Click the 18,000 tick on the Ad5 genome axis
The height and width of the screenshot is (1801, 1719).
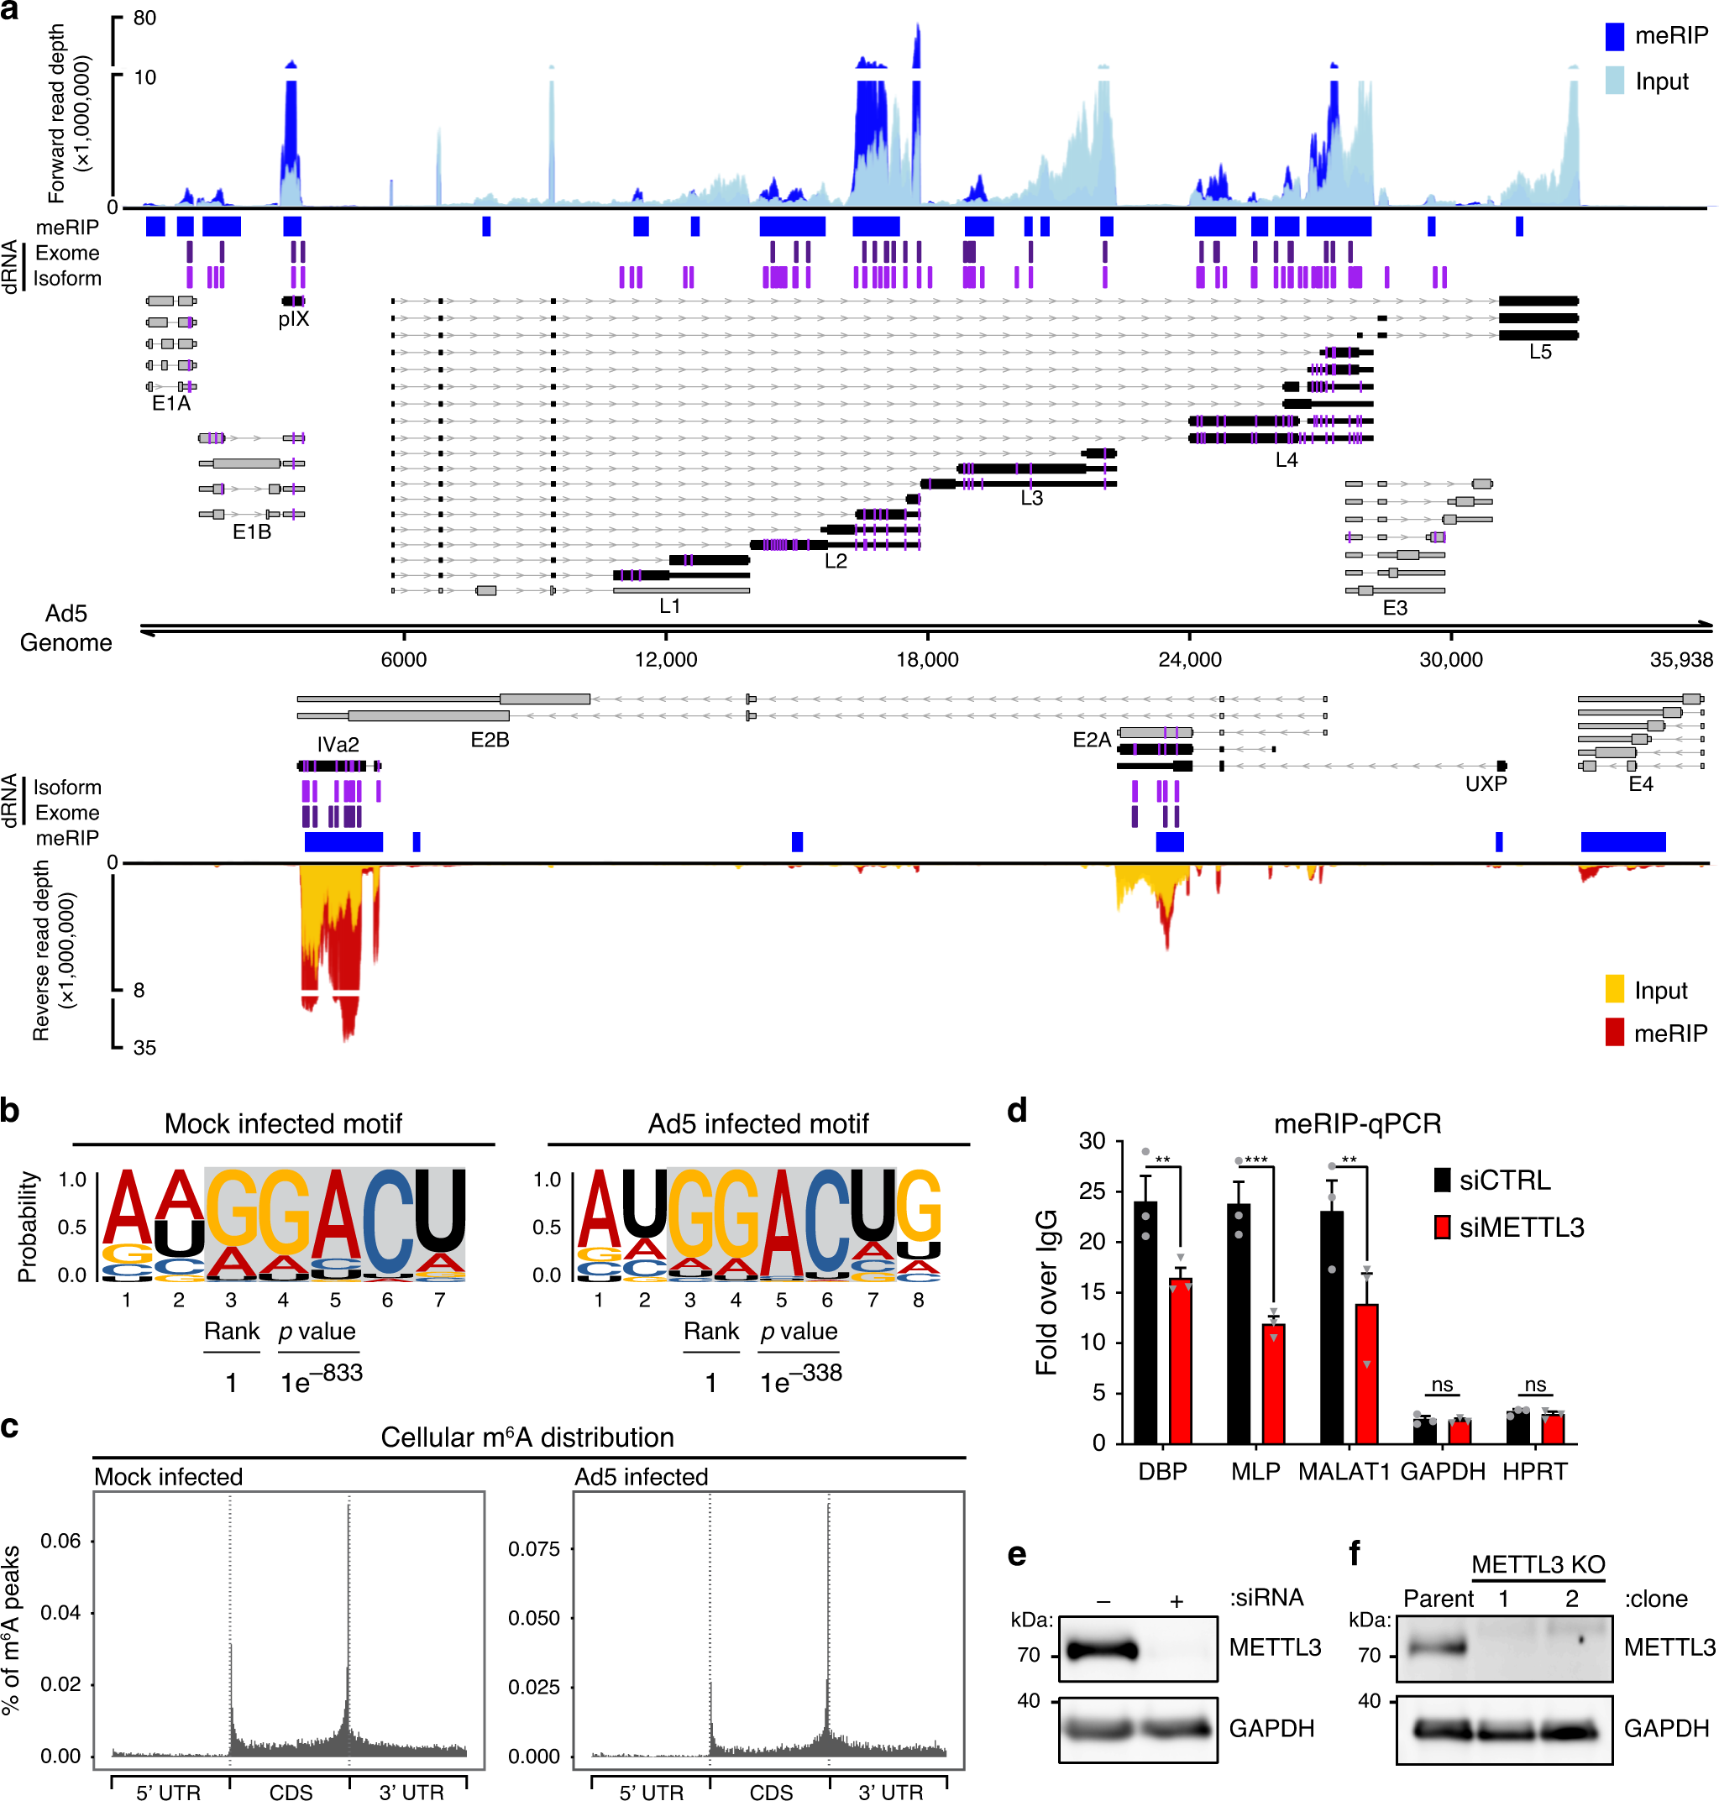[926, 658]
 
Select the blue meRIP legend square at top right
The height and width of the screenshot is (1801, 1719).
[1615, 36]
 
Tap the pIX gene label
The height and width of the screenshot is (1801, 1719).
[293, 319]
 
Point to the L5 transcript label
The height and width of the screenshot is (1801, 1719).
[1539, 352]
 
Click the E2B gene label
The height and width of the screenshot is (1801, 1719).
[490, 739]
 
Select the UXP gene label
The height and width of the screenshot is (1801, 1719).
[1486, 783]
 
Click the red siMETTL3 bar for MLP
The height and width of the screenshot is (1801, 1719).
[1273, 1383]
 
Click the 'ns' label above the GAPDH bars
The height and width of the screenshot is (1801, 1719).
[1441, 1385]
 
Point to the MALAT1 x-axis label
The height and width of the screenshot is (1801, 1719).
[1344, 1471]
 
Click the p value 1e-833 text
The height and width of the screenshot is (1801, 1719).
[321, 1377]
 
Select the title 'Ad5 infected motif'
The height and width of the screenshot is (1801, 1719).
[757, 1123]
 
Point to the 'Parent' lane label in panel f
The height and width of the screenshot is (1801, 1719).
[1438, 1599]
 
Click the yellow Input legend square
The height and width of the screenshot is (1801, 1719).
[1615, 989]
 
